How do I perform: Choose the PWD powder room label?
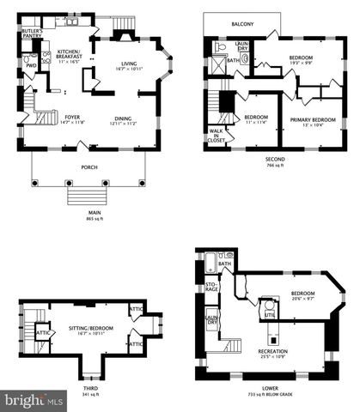31,65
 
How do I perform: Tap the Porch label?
88,167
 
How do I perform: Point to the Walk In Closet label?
215,134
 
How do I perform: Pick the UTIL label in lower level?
269,316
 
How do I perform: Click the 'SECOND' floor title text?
273,160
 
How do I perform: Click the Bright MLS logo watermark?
34,400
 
